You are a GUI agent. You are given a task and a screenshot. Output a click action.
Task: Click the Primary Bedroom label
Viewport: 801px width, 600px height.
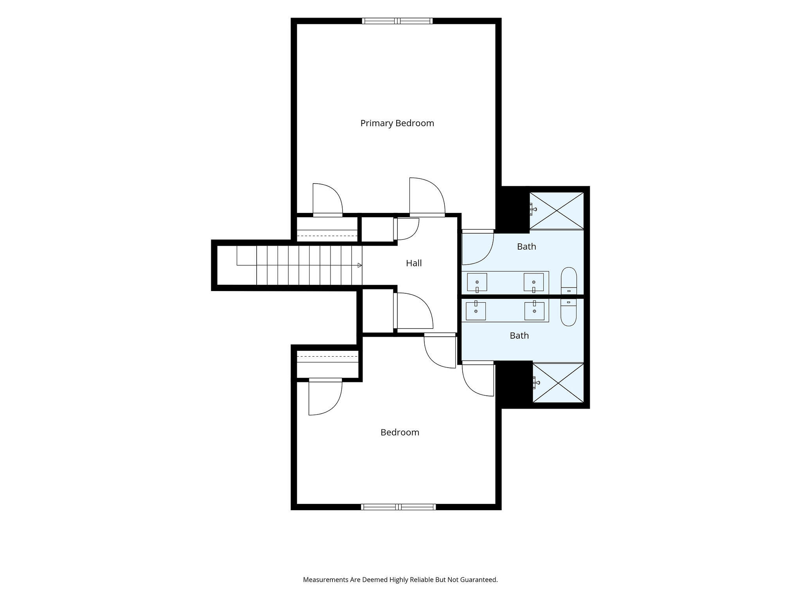(397, 123)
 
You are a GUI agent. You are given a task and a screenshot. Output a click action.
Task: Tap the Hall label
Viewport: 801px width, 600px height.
(414, 263)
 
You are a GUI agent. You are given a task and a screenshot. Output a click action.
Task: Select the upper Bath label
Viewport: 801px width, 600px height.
(526, 246)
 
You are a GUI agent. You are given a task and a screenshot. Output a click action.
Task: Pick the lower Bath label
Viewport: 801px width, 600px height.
(519, 336)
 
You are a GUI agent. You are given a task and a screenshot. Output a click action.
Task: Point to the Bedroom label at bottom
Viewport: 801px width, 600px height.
(400, 432)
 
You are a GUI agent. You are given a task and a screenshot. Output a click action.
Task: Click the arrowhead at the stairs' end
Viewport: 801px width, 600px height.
(360, 265)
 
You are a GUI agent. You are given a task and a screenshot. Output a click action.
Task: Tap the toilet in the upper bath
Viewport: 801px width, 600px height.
(569, 281)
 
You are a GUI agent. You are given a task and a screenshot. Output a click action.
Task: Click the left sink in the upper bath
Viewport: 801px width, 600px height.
(477, 282)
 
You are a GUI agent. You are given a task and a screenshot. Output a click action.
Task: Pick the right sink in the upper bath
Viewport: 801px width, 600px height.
(534, 282)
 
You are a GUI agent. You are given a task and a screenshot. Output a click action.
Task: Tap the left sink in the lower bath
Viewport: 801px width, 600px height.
(476, 311)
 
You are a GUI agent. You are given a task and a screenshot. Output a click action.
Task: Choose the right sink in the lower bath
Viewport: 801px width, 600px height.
(534, 311)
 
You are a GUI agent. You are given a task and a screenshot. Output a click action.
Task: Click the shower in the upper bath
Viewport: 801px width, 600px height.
(557, 211)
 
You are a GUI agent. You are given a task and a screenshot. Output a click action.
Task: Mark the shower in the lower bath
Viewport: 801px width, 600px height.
(558, 382)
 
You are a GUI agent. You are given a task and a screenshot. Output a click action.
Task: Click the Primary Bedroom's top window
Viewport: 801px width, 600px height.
(397, 21)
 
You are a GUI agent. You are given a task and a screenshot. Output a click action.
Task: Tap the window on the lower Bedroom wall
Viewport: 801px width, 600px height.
(399, 507)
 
